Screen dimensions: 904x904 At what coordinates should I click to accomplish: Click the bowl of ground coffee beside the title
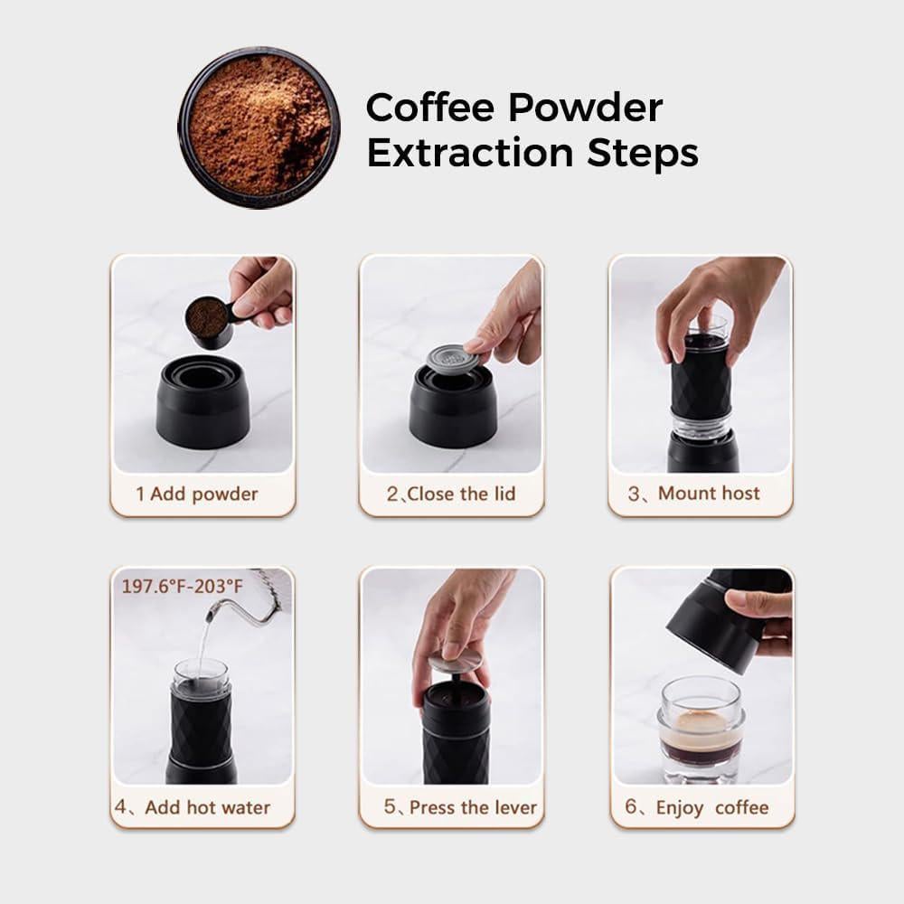coord(259,127)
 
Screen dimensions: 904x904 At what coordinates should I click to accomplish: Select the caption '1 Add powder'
coord(196,494)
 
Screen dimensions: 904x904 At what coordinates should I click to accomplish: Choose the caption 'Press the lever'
coord(460,807)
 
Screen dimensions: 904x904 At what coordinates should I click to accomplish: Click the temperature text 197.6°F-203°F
coord(183,587)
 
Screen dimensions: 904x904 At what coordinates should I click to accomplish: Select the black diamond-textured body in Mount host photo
coord(701,380)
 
